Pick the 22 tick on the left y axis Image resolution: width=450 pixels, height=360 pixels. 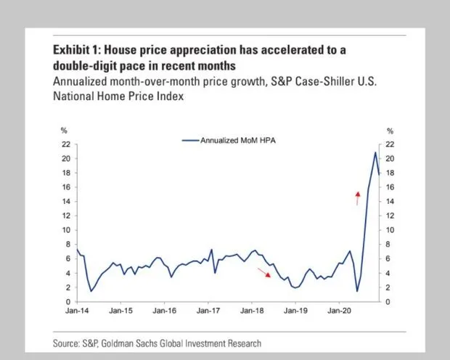click(x=65, y=144)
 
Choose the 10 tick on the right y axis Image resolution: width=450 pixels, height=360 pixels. click(x=390, y=230)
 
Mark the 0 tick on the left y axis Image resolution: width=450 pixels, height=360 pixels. click(x=67, y=301)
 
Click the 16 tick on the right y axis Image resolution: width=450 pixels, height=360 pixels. click(x=390, y=187)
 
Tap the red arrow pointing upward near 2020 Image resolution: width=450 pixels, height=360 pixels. click(x=357, y=197)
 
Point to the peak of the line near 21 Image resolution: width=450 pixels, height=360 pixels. click(x=375, y=152)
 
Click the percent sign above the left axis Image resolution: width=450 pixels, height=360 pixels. click(x=64, y=131)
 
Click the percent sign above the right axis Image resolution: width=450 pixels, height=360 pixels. click(x=390, y=131)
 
